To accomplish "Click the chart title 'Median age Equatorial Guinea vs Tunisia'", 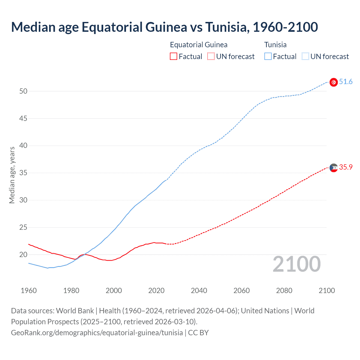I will pos(164,27).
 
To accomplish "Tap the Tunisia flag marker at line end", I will pos(334,82).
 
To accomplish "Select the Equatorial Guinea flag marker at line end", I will pos(334,168).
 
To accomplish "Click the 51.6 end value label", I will pos(346,82).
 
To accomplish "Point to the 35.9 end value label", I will pos(346,167).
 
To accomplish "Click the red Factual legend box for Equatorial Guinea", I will pos(174,57).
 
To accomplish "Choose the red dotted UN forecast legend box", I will pos(211,57).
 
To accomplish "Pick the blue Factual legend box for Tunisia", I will pos(268,57).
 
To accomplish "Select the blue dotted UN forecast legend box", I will pos(305,57).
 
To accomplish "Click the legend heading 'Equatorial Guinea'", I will pos(199,45).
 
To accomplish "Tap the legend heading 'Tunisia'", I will pos(275,45).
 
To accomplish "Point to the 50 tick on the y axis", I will pos(23,91).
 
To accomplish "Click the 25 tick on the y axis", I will pos(23,227).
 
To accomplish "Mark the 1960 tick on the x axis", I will pos(29,291).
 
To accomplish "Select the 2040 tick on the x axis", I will pos(199,291).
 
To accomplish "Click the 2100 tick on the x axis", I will pos(327,291).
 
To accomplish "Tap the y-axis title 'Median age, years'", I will pos(12,175).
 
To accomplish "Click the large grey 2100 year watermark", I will pos(296,264).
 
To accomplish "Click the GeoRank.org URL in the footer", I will pos(97,333).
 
